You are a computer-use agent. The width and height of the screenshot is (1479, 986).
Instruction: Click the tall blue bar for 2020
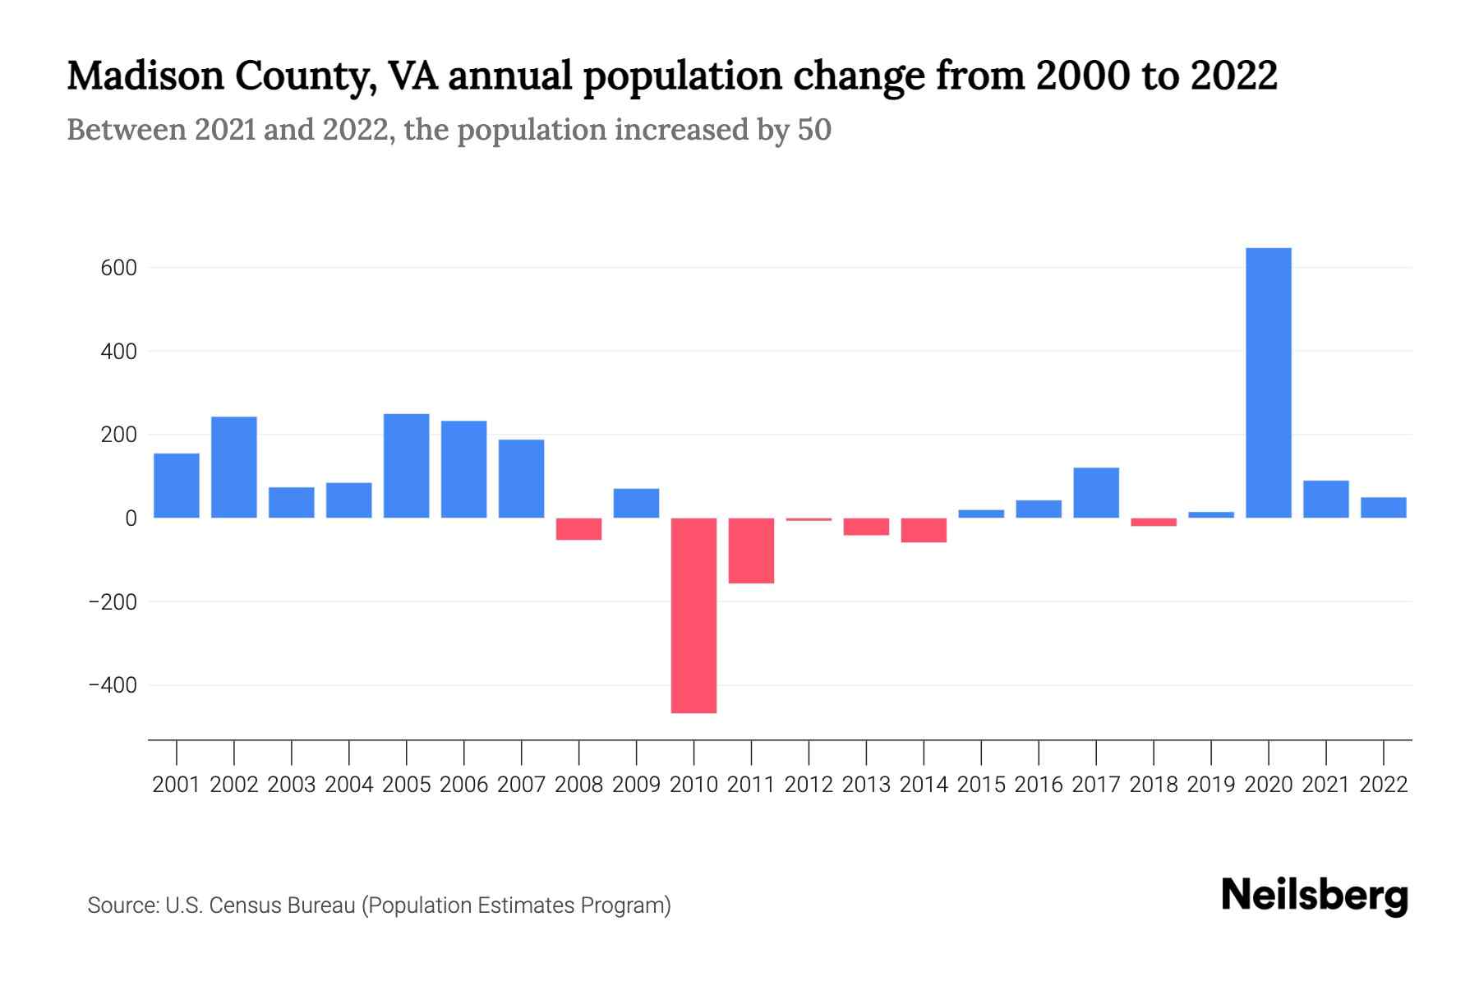pos(1268,383)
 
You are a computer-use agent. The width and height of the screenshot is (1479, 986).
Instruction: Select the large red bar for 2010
pos(693,615)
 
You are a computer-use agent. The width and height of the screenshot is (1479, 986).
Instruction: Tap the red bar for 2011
pos(751,551)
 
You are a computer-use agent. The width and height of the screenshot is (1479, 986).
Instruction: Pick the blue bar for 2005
pos(406,466)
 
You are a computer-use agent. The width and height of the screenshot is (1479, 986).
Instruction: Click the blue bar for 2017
pos(1095,493)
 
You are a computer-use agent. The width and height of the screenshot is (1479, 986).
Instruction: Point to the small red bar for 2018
pos(1153,522)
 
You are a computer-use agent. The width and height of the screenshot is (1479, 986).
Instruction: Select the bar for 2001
pos(177,486)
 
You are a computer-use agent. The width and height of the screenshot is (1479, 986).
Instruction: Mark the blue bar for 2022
pos(1383,508)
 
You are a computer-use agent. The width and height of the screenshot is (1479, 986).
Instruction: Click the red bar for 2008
pos(578,528)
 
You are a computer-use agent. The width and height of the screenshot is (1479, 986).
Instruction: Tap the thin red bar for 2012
pos(809,519)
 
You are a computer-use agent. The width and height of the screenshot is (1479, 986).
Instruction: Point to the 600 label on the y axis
pos(118,268)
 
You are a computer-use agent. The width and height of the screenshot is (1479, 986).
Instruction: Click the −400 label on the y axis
pos(113,685)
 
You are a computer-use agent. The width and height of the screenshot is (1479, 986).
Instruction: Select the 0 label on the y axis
pos(131,518)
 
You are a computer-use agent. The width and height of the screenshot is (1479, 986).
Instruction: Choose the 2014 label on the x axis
pos(924,785)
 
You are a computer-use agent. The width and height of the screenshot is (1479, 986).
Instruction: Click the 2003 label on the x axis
pos(292,785)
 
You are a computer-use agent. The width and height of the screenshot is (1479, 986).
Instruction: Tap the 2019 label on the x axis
pos(1210,785)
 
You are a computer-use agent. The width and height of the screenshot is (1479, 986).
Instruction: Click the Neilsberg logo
pos(1315,896)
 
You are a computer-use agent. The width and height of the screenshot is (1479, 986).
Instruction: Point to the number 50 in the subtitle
pos(814,130)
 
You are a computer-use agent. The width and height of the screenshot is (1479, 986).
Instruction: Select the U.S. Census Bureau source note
pos(379,905)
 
